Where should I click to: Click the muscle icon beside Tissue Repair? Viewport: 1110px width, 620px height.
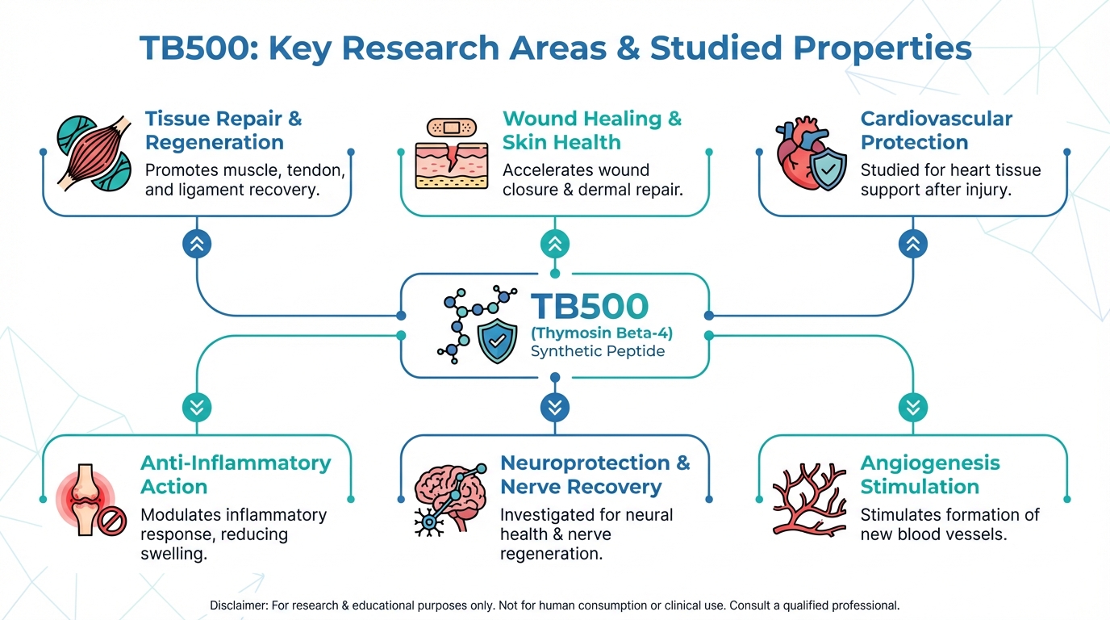click(x=94, y=153)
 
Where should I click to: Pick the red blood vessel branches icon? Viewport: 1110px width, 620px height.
click(x=809, y=498)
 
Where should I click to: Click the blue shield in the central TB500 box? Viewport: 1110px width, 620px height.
click(x=497, y=341)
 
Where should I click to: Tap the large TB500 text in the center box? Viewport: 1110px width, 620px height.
click(x=589, y=307)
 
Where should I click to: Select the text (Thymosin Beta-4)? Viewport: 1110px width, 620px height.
click(x=601, y=333)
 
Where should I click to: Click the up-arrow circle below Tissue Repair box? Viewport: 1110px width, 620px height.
click(x=197, y=244)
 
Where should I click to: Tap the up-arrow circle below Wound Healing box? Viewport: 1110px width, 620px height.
click(x=554, y=244)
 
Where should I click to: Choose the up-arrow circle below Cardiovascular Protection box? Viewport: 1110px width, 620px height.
click(x=913, y=244)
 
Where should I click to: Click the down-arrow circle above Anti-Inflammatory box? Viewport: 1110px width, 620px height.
click(x=197, y=407)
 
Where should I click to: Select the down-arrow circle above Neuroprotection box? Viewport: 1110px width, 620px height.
click(x=554, y=407)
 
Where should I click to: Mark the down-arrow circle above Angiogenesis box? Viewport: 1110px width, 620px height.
click(x=913, y=407)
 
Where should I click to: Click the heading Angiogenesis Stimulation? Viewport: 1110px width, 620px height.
click(x=929, y=475)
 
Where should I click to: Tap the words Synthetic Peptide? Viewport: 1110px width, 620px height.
click(x=598, y=352)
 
